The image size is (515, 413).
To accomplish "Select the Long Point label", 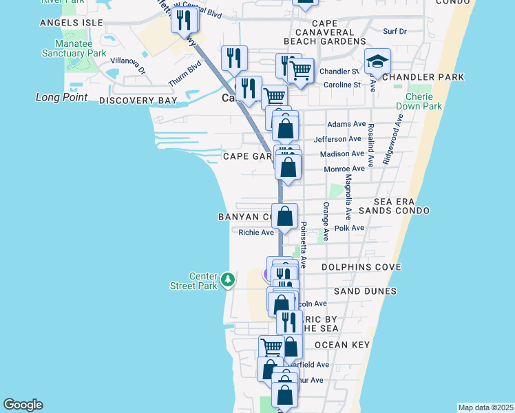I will (61, 97).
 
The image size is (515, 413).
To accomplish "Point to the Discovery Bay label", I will (138, 100).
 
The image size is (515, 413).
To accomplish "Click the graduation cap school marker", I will (377, 63).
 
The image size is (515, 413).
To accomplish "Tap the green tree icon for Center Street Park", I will (228, 279).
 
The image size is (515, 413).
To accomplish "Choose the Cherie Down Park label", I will (418, 102).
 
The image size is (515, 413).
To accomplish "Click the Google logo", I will (23, 405).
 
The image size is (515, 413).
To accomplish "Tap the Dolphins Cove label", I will (361, 266).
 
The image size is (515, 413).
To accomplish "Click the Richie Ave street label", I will (256, 233).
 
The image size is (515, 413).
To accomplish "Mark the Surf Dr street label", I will (395, 31).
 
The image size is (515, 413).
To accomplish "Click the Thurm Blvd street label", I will (185, 75).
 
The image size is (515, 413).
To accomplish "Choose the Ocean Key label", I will (342, 344).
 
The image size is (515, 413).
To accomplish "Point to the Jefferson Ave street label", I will (337, 139).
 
